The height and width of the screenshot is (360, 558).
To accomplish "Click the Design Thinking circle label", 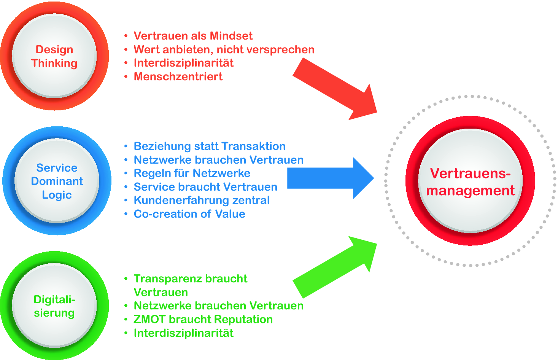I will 54,56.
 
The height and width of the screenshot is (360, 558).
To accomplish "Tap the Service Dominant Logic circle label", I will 57,181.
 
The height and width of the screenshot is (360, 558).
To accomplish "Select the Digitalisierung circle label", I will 54,306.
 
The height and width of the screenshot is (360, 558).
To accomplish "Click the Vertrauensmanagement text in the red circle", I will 471,182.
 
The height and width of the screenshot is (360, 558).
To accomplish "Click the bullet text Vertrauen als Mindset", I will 193,36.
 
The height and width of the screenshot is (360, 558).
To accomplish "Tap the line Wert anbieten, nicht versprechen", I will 224,49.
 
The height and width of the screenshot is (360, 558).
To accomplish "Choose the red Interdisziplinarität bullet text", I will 183,63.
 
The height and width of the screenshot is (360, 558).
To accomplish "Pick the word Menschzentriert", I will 178,76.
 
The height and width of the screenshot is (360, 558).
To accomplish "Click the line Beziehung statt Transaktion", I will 210,146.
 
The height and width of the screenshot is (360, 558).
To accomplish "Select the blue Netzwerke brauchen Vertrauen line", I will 219,160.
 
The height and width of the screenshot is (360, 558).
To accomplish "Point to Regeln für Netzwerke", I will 192,173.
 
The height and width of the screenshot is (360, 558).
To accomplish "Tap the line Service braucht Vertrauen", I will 205,187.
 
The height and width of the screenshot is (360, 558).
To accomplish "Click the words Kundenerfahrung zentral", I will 202,200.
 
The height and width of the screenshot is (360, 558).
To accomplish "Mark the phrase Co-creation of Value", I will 189,214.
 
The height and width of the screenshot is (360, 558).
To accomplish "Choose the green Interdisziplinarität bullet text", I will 183,333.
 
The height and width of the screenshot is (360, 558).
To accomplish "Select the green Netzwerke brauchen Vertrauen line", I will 219,306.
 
